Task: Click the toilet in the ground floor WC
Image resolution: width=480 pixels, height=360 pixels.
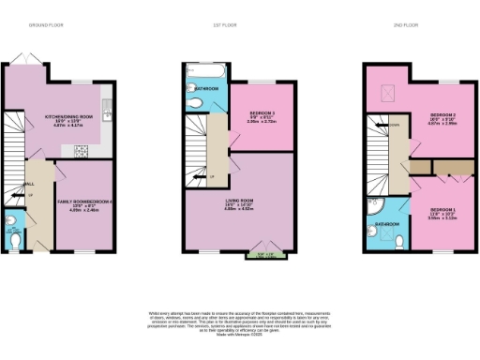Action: click(11, 223)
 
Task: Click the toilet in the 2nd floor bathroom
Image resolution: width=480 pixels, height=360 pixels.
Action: click(400, 240)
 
